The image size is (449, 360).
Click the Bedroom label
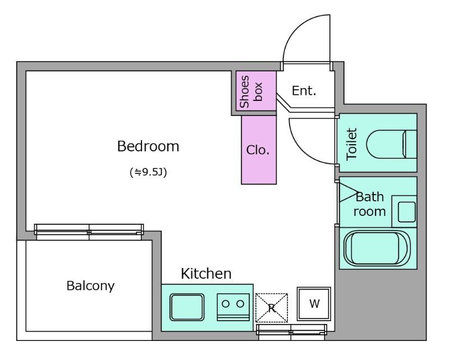[x=148, y=146]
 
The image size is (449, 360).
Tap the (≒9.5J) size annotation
[x=148, y=172]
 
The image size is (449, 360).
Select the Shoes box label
[x=250, y=91]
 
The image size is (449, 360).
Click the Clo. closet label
[x=258, y=150]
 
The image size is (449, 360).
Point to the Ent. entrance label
[x=304, y=91]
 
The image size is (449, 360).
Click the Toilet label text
[x=352, y=144]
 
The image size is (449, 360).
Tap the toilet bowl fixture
[x=391, y=144]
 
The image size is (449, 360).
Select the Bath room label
[x=369, y=204]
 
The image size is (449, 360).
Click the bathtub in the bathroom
[x=377, y=248]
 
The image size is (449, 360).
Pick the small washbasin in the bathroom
[x=406, y=212]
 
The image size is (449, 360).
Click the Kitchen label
[x=206, y=274]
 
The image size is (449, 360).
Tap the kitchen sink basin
[x=187, y=307]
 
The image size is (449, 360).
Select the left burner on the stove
[x=226, y=303]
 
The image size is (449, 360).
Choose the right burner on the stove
[x=241, y=303]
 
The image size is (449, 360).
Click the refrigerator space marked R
[x=272, y=308]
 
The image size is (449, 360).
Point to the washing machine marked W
[x=314, y=304]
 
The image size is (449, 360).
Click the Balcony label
[x=90, y=285]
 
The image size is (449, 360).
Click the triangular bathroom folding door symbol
[x=349, y=192]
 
